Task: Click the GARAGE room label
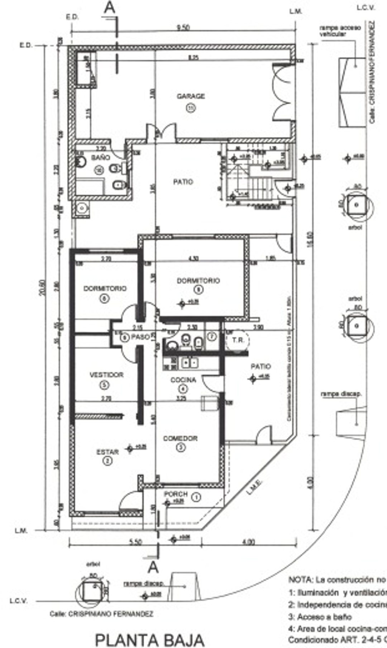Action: click(191, 96)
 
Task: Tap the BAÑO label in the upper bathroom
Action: click(98, 157)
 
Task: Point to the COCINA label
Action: click(183, 380)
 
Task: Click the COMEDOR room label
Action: click(180, 438)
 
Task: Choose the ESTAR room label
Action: click(107, 452)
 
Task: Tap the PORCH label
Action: click(176, 494)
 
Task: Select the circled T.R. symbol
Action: click(238, 340)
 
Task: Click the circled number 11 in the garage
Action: click(191, 108)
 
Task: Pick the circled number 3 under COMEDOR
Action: click(181, 447)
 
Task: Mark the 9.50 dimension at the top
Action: click(183, 28)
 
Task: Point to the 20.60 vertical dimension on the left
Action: click(43, 287)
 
